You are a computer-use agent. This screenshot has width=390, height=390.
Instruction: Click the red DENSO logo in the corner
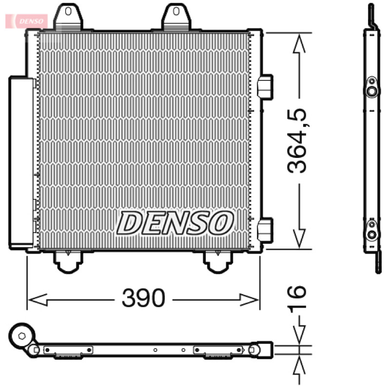(27, 21)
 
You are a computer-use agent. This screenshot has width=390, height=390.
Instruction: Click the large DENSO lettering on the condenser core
(175, 223)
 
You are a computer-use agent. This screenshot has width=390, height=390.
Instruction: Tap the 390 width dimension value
(143, 298)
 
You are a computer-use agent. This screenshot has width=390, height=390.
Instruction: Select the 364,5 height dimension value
(297, 141)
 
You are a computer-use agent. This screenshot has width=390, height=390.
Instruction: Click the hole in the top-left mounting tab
(68, 11)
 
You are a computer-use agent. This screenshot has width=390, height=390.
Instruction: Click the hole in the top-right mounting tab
(176, 11)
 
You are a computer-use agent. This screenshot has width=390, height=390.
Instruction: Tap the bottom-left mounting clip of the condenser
(68, 262)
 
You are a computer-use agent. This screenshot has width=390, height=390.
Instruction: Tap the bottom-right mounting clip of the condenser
(218, 262)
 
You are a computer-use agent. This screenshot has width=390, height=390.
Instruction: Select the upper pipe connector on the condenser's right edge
(265, 87)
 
